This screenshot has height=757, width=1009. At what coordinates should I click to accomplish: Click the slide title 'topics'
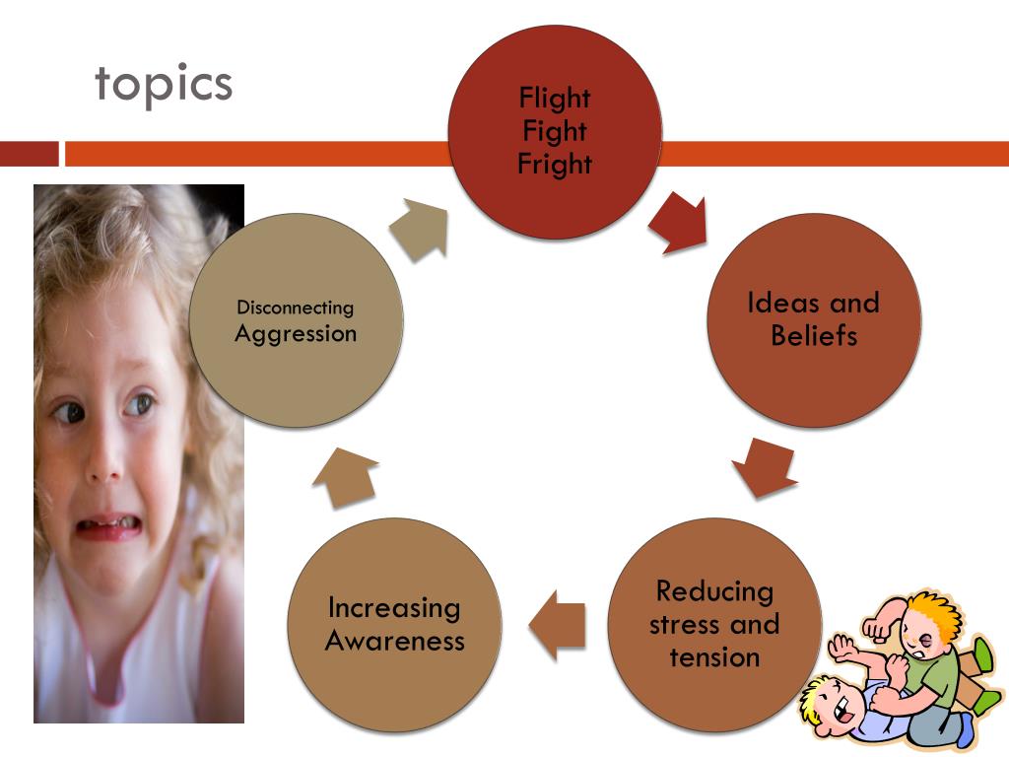(x=164, y=85)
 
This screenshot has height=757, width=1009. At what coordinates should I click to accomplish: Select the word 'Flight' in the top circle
(x=555, y=98)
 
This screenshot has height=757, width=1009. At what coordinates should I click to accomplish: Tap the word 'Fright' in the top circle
(x=555, y=164)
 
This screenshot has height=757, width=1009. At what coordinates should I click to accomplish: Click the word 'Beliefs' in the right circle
(x=814, y=335)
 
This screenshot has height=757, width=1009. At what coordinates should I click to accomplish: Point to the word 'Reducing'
(x=714, y=591)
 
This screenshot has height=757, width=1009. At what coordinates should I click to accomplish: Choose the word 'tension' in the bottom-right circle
(x=714, y=656)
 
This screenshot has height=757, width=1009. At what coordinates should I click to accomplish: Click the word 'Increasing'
(x=394, y=607)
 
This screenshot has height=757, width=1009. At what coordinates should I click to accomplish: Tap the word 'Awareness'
(x=394, y=641)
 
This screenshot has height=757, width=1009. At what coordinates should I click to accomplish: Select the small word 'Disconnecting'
(x=295, y=309)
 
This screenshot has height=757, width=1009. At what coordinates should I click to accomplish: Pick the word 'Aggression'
(x=296, y=333)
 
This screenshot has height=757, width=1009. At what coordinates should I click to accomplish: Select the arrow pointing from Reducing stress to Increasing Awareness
(x=559, y=625)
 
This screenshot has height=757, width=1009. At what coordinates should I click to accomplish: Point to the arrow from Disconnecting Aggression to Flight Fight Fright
(x=421, y=229)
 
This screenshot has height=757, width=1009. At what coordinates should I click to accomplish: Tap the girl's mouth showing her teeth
(x=106, y=526)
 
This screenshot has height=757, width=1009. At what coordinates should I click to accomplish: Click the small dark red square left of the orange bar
(x=30, y=154)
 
